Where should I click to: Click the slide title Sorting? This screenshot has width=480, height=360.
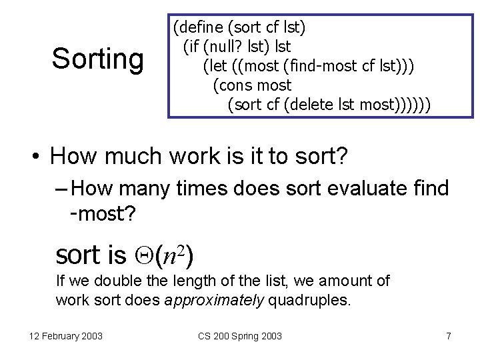click(97, 59)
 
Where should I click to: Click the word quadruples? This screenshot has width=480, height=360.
click(309, 300)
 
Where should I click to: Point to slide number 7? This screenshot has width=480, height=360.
click(448, 336)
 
